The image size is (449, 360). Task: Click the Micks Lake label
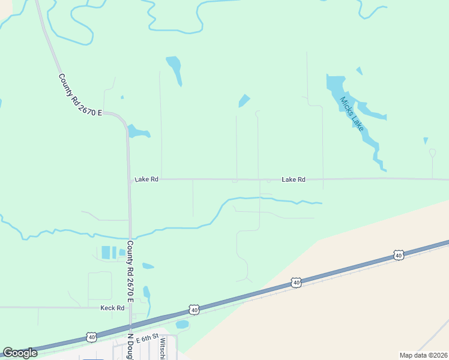tap(352, 114)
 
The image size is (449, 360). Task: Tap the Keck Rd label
tap(112, 308)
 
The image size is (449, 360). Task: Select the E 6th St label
tap(146, 338)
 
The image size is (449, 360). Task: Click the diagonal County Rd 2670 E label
tap(80, 95)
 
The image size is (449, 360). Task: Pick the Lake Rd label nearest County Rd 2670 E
tap(146, 179)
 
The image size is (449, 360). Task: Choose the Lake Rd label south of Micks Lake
tap(294, 179)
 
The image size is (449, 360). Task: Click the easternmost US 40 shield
tap(398, 256)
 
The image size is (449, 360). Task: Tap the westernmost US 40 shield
tap(91, 337)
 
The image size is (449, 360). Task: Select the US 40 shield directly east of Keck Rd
tap(193, 310)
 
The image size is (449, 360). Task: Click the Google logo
tap(20, 352)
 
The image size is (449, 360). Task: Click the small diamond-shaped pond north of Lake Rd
tap(244, 101)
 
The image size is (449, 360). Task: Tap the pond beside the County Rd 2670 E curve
tap(137, 131)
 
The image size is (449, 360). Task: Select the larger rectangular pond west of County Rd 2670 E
tap(106, 253)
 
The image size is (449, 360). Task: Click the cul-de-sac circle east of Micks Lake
tap(432, 152)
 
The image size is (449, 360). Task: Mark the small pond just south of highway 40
tap(182, 325)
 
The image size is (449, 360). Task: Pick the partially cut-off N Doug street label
tap(129, 347)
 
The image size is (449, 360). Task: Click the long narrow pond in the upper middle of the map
tap(175, 70)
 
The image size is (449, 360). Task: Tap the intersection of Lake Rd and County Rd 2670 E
tap(130, 179)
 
